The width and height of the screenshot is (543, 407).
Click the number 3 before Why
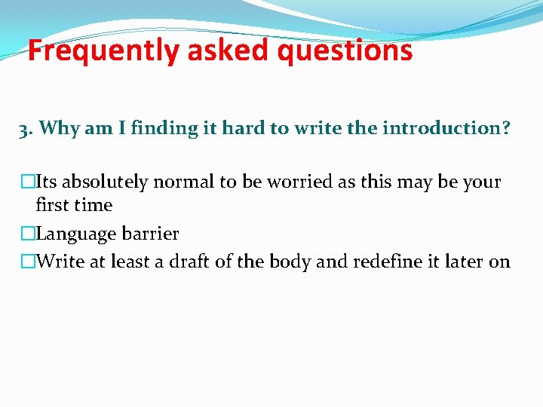pos(23,129)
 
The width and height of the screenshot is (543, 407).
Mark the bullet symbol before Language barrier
pos(28,234)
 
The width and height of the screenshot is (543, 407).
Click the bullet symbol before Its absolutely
pos(28,182)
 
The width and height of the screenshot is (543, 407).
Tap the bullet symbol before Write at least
pos(28,262)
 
